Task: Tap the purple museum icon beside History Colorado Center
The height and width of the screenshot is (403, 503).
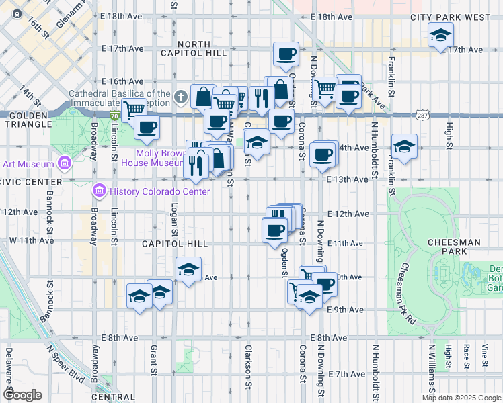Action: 100,192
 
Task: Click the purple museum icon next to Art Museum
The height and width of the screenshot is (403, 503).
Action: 65,163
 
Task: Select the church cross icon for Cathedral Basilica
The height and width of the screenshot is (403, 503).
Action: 180,98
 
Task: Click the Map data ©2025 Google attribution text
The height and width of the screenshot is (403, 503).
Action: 461,398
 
